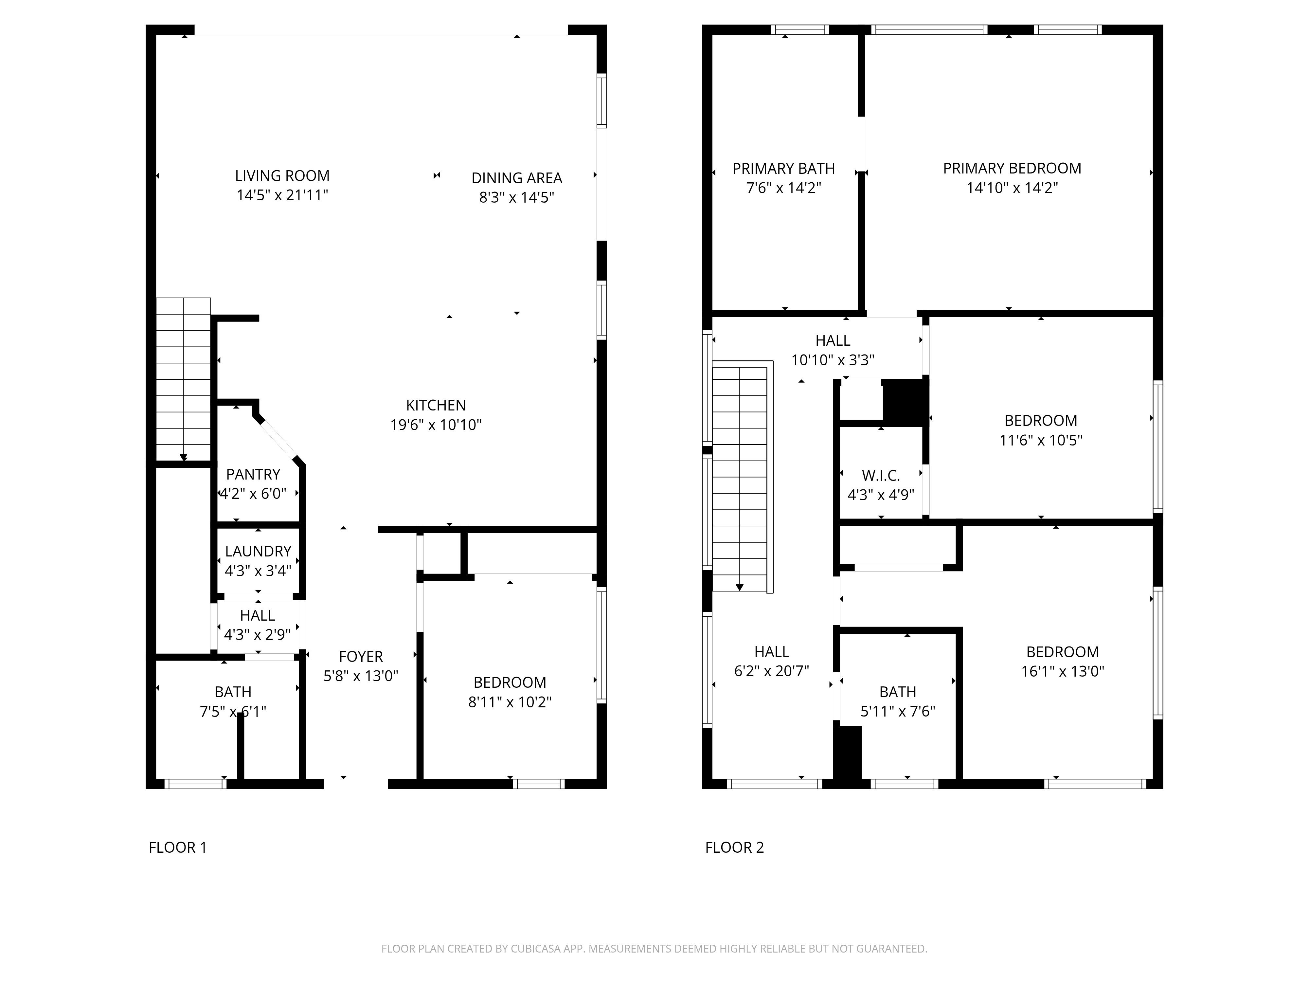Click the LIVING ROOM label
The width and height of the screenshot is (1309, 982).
pyautogui.click(x=282, y=176)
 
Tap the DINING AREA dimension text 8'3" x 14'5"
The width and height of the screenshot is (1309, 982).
pyautogui.click(x=517, y=197)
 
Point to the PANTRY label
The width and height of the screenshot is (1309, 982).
pyautogui.click(x=253, y=474)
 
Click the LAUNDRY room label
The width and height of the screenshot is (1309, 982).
pyautogui.click(x=258, y=551)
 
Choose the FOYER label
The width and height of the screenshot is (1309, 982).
pyautogui.click(x=361, y=656)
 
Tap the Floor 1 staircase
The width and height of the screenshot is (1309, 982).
pyautogui.click(x=184, y=379)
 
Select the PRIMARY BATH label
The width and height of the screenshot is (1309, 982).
pyautogui.click(x=783, y=169)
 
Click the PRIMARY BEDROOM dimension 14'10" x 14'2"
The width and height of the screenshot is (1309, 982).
pyautogui.click(x=1012, y=188)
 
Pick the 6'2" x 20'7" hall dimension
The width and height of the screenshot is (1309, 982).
pyautogui.click(x=772, y=671)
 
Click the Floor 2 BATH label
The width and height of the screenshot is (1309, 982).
pyautogui.click(x=898, y=692)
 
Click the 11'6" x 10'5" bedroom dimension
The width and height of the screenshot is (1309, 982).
pyautogui.click(x=1041, y=440)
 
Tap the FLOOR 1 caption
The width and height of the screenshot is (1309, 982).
pyautogui.click(x=177, y=848)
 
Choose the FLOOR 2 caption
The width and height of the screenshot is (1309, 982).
pyautogui.click(x=734, y=848)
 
